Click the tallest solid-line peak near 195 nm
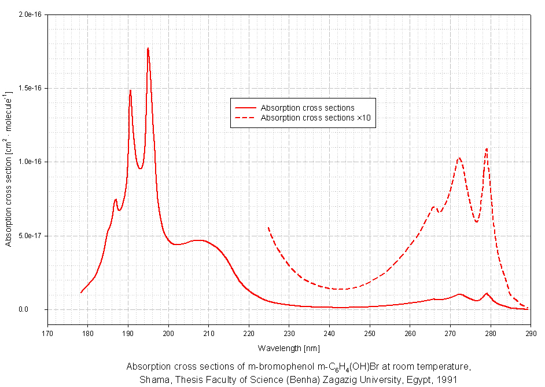[148, 48]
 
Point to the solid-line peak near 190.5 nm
[130, 90]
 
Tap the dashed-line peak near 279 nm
[487, 149]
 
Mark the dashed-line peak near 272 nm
[459, 158]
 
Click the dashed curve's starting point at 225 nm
[268, 228]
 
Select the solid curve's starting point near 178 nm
[81, 293]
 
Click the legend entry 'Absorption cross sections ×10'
[315, 118]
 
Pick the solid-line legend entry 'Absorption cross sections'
[307, 108]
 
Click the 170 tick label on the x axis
[47, 333]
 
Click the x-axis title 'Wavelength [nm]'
[289, 348]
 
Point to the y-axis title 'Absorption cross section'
[9, 168]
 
